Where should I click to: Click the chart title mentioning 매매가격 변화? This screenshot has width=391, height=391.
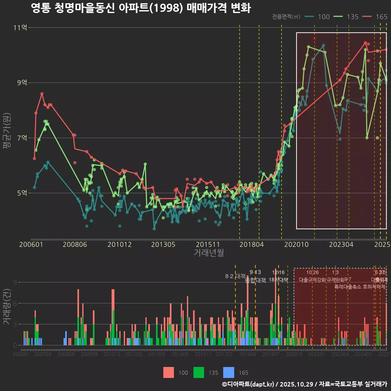(141, 8)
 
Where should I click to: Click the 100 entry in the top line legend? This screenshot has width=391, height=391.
(319, 17)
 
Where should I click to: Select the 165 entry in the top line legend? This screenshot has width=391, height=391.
(377, 17)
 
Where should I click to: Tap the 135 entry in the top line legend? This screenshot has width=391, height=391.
(348, 17)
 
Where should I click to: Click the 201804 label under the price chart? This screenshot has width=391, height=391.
(251, 244)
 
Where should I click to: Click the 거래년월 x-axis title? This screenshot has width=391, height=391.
(209, 253)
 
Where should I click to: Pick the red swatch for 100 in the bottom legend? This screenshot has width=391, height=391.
(168, 372)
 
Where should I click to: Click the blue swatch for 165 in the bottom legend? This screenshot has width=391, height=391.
(228, 372)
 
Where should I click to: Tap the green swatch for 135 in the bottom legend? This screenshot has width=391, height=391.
(198, 372)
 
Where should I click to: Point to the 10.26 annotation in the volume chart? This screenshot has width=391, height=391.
(312, 272)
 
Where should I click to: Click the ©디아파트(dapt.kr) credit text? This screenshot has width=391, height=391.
(248, 384)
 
